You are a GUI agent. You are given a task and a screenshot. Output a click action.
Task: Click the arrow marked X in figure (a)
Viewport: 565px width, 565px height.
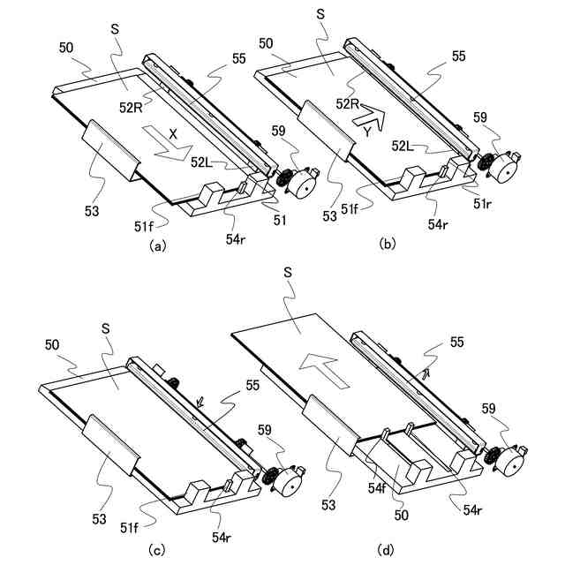click(x=167, y=144)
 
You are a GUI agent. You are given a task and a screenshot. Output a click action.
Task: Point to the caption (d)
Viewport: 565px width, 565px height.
click(x=385, y=549)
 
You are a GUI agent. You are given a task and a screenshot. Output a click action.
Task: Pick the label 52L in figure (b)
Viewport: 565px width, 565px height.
click(x=403, y=147)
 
